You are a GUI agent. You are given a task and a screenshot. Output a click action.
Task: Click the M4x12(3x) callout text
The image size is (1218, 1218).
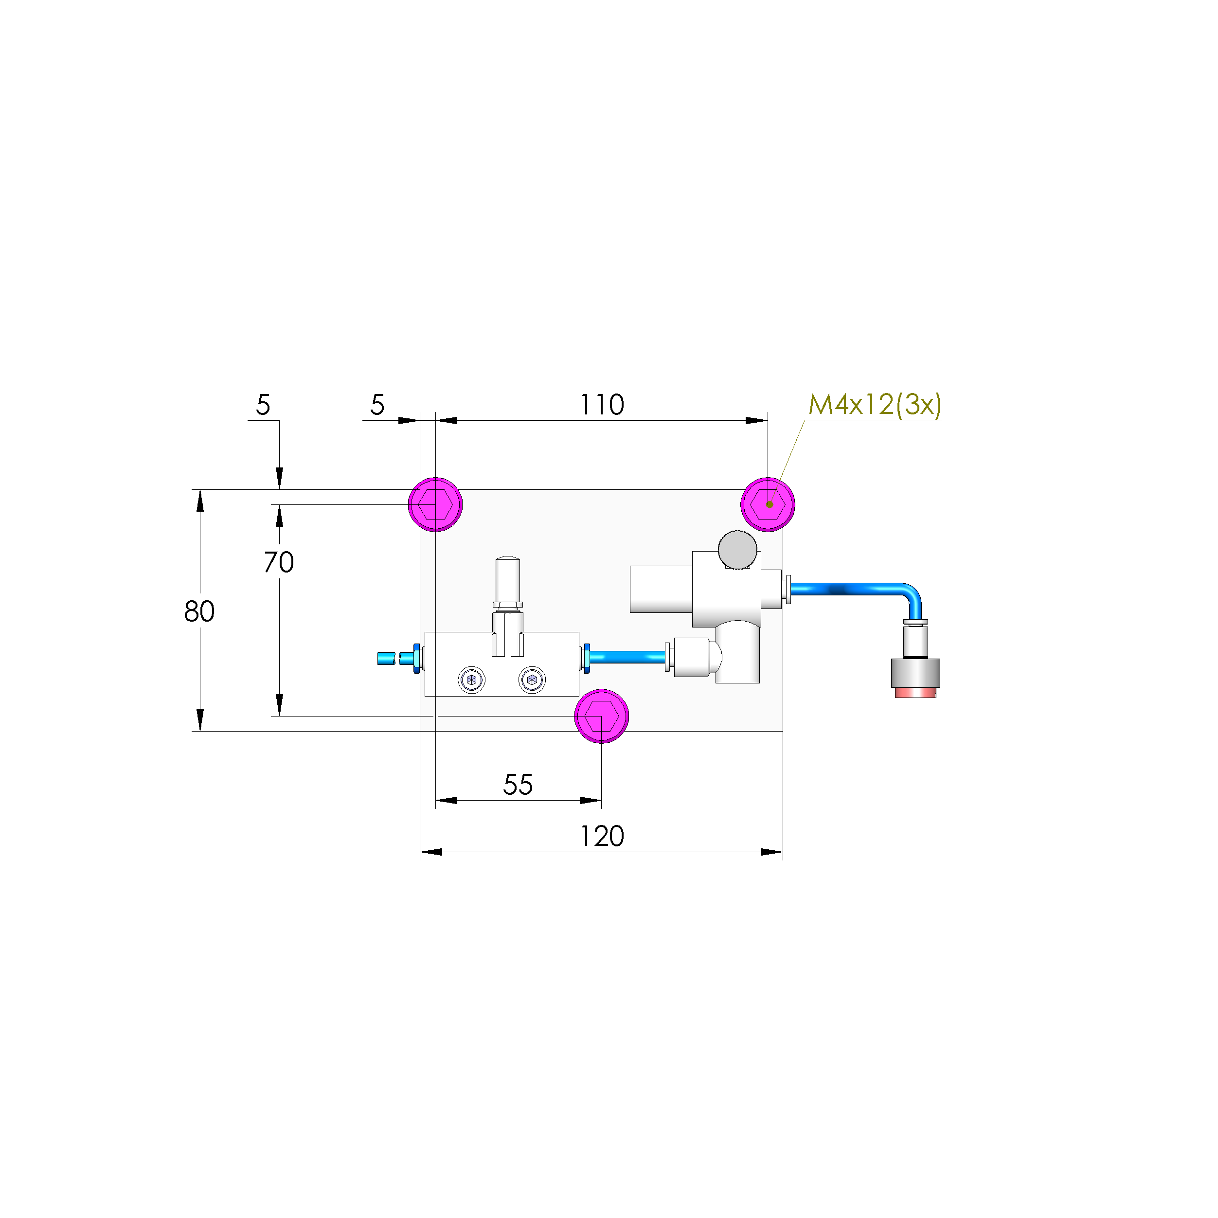[875, 405]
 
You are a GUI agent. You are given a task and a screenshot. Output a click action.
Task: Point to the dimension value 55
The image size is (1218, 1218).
[518, 785]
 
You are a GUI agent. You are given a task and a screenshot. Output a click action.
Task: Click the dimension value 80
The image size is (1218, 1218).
[199, 611]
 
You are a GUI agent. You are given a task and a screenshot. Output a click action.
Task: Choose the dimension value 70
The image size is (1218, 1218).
[279, 562]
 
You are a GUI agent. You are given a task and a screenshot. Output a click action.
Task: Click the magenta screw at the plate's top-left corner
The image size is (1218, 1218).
[435, 504]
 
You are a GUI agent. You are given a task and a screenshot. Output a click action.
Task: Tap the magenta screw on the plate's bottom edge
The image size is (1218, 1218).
[601, 716]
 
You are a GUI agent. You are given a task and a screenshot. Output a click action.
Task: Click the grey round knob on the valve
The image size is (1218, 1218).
[737, 549]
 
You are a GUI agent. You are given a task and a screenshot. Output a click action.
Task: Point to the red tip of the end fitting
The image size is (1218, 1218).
[915, 693]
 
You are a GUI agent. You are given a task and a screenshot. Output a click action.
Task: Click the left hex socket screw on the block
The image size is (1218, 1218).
[471, 680]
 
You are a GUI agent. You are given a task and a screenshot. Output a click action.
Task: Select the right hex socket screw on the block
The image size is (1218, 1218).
[532, 680]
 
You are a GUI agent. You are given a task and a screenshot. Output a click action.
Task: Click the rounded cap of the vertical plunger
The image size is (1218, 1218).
[507, 561]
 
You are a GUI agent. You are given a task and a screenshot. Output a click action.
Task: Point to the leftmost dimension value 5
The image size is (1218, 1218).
[263, 405]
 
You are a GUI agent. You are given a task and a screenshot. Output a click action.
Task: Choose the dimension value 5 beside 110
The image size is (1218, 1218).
[377, 405]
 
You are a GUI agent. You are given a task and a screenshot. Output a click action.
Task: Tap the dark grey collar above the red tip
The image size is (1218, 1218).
[915, 673]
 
